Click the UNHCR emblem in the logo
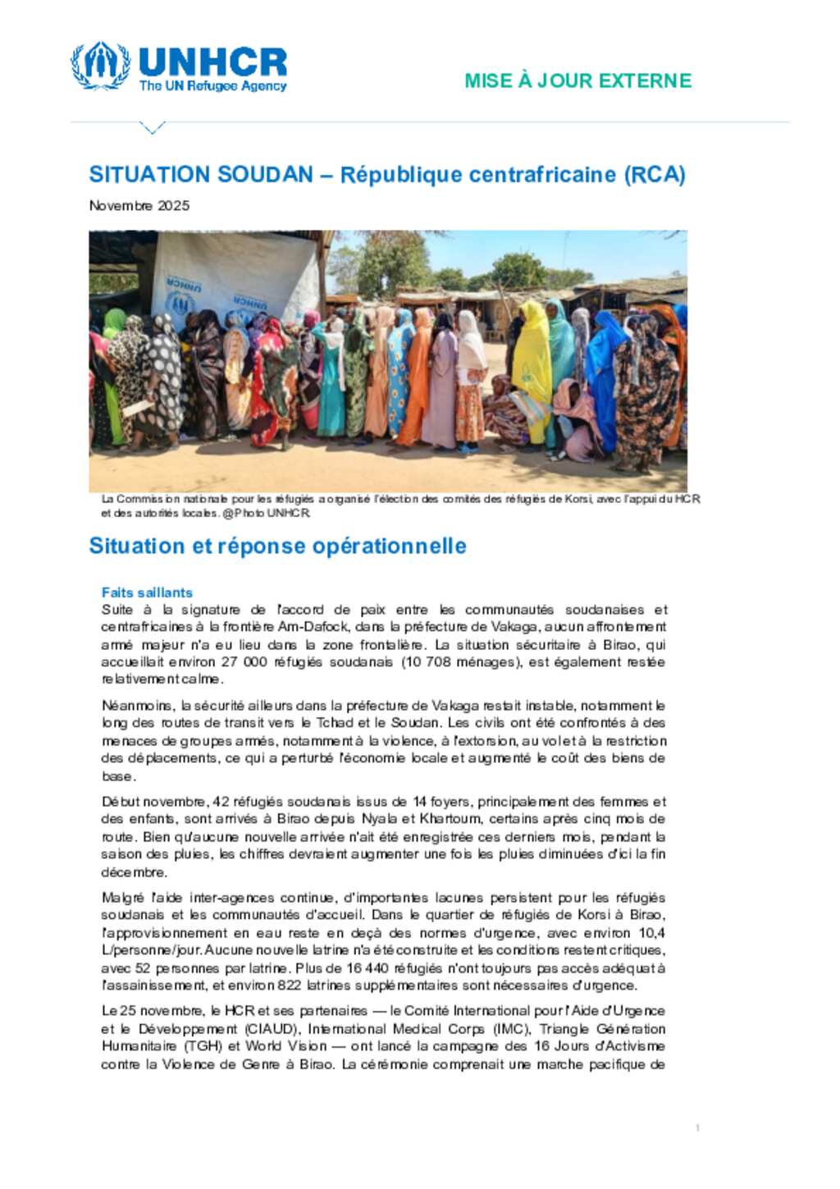pos(100,65)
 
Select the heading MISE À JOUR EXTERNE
pos(577,80)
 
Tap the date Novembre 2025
pos(139,205)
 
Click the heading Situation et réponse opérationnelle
pos(277,546)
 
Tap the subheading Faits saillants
pos(147,592)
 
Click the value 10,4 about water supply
pos(651,933)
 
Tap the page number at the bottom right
pos(697,1128)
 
